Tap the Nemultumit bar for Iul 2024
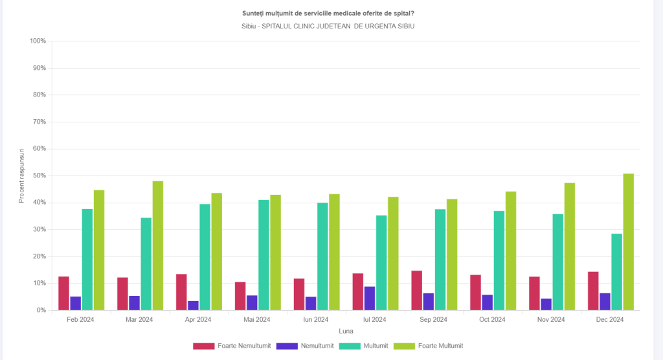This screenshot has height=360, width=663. click(369, 298)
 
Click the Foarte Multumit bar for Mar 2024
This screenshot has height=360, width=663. click(158, 246)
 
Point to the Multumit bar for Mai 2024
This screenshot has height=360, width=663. click(264, 255)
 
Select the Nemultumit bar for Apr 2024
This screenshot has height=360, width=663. click(193, 306)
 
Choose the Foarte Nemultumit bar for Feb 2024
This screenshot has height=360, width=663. click(63, 293)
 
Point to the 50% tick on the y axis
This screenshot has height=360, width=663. click(38, 176)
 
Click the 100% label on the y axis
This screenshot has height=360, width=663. click(37, 41)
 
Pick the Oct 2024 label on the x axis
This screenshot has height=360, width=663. click(493, 320)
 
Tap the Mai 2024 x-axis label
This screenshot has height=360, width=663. click(257, 320)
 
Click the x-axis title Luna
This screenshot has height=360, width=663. click(346, 331)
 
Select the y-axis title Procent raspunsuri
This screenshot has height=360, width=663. click(21, 175)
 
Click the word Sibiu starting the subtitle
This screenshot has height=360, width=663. click(249, 26)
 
